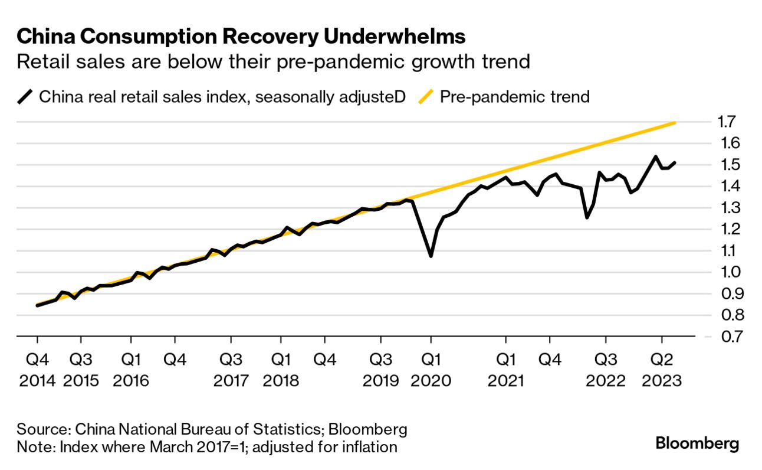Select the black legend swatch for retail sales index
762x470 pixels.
coord(25,96)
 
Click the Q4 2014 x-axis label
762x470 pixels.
coord(37,370)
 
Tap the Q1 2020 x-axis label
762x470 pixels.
coord(431,370)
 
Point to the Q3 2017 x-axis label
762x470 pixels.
coord(231,370)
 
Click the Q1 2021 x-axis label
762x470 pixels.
coord(505,370)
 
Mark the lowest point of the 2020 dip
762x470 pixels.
coord(431,256)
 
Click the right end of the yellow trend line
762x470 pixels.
coord(675,123)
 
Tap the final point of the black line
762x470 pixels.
coord(675,162)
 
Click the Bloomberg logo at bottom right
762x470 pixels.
coord(697,444)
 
